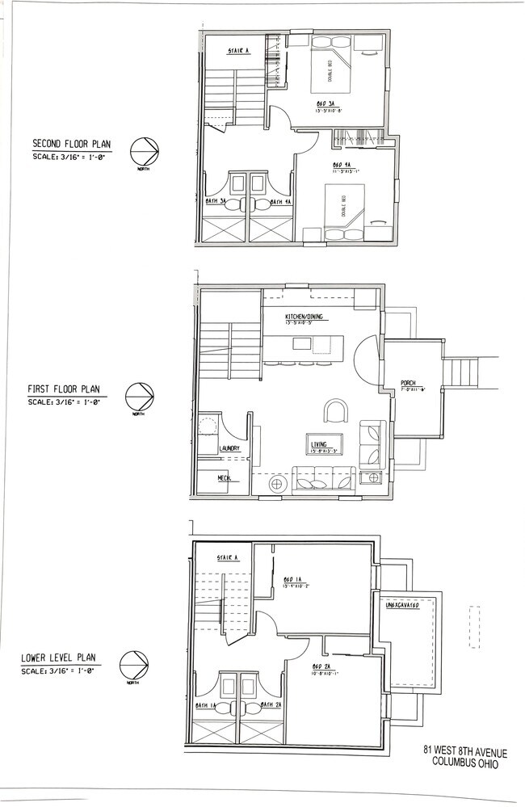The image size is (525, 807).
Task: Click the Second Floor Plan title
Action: pyautogui.click(x=71, y=145)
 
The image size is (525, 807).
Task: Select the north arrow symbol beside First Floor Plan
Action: pyautogui.click(x=139, y=397)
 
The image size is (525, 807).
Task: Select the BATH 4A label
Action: pyautogui.click(x=280, y=202)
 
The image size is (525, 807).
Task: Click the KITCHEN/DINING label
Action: pyautogui.click(x=304, y=317)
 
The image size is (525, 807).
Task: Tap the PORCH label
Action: pyautogui.click(x=408, y=383)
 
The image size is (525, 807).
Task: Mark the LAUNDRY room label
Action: pyautogui.click(x=229, y=448)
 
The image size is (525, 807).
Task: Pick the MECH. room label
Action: pyautogui.click(x=225, y=478)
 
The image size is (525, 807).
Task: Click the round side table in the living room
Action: pyautogui.click(x=278, y=483)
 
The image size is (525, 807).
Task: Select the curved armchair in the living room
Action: pyautogui.click(x=334, y=412)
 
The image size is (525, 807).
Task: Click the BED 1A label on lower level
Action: pyautogui.click(x=292, y=580)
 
